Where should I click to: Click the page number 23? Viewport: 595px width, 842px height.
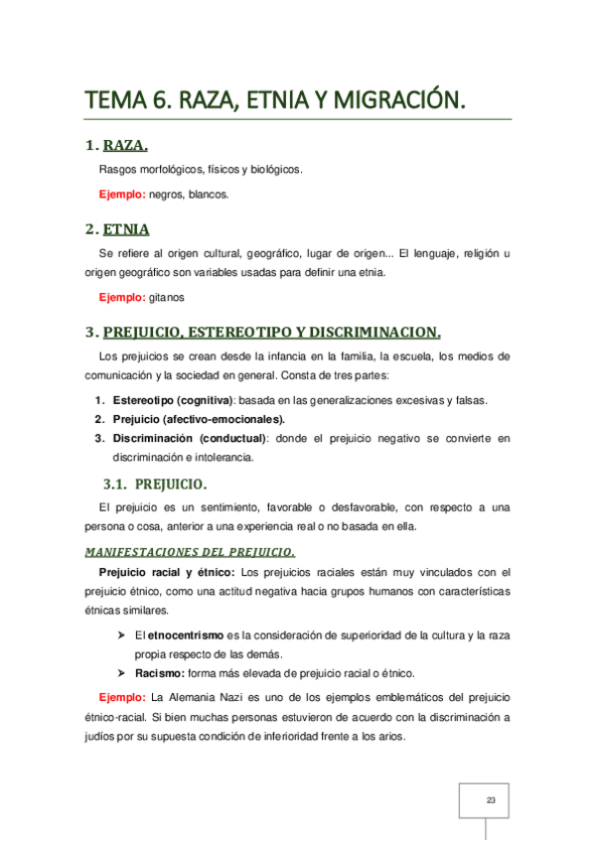[x=490, y=800]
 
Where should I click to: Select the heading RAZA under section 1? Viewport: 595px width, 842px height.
[x=125, y=147]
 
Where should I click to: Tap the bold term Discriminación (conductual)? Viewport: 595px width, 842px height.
[x=190, y=438]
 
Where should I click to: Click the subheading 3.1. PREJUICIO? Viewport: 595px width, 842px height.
[x=155, y=485]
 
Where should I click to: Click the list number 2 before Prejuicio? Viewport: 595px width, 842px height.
[x=99, y=419]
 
